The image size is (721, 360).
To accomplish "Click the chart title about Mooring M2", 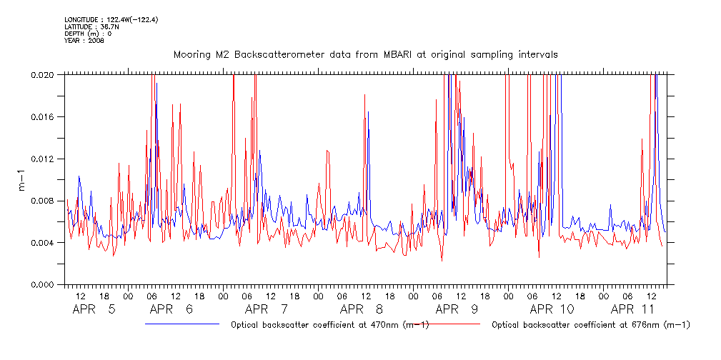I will pos(365,54).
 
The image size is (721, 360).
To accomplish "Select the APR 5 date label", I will pos(94,310).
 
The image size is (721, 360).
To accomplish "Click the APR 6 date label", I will pos(172,310).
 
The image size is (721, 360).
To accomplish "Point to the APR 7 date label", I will pos(267,310).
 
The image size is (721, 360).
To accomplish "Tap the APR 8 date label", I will pos(362,310).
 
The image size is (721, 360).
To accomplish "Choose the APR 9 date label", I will pos(456,310).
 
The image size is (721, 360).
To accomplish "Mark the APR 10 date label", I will pos(552,310).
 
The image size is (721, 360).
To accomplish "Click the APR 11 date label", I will pos(633,310).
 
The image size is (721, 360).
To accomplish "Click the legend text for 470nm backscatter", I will pos(329,325).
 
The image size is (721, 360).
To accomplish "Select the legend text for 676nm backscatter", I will pos(591,325).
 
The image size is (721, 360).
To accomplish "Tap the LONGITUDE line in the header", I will pos(111,19).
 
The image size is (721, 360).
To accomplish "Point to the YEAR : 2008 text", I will pos(84,41).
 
